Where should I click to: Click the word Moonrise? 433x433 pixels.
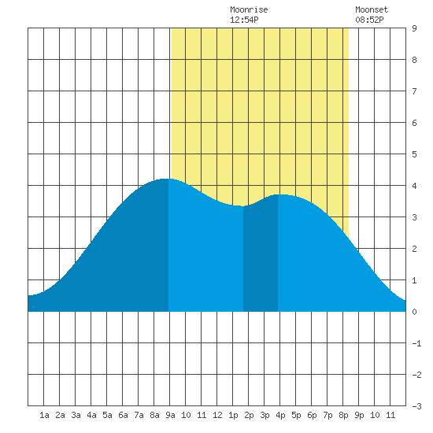pos(249,9)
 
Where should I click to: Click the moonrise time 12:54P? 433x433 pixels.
pos(244,20)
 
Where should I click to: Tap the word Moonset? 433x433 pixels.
pos(372,9)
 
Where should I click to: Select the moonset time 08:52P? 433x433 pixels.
pos(369,20)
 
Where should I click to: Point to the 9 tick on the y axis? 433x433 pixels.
pos(414,28)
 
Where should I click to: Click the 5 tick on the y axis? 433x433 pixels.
pos(414,154)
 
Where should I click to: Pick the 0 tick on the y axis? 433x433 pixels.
pos(414,312)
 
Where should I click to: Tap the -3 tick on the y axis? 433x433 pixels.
pos(416,406)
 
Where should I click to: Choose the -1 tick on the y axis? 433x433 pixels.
pos(416,343)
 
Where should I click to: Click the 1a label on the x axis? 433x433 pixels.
pos(44,415)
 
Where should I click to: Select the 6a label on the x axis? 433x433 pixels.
pos(123,415)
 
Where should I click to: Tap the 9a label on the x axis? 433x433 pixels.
pos(170,415)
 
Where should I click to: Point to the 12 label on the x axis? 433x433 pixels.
pos(217,415)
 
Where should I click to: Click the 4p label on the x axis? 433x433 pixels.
pos(280,415)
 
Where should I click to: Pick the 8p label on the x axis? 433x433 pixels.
pos(343,415)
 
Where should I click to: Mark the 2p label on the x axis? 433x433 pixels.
pos(249,415)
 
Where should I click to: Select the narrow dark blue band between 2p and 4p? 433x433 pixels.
pos(261,257)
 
